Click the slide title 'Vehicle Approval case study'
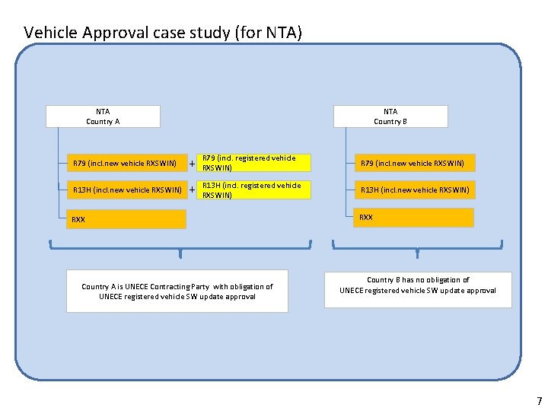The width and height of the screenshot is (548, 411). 163,33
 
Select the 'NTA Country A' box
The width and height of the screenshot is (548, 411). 103,116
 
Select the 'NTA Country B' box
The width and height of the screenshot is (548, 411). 390,116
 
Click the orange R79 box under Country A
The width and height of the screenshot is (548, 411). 125,163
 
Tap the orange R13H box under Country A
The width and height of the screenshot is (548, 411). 125,190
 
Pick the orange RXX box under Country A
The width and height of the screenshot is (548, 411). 125,219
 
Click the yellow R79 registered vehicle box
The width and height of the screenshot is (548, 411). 254,163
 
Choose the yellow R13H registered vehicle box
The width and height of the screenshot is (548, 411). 254,190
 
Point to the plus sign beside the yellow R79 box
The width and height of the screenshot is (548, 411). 192,163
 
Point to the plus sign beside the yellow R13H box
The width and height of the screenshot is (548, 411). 192,190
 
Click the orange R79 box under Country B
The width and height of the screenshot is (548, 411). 416,163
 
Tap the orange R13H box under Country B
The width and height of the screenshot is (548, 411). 416,190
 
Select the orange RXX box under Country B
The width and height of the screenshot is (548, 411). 416,218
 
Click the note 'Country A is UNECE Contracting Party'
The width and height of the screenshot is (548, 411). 177,292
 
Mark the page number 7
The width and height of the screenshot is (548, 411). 539,401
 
